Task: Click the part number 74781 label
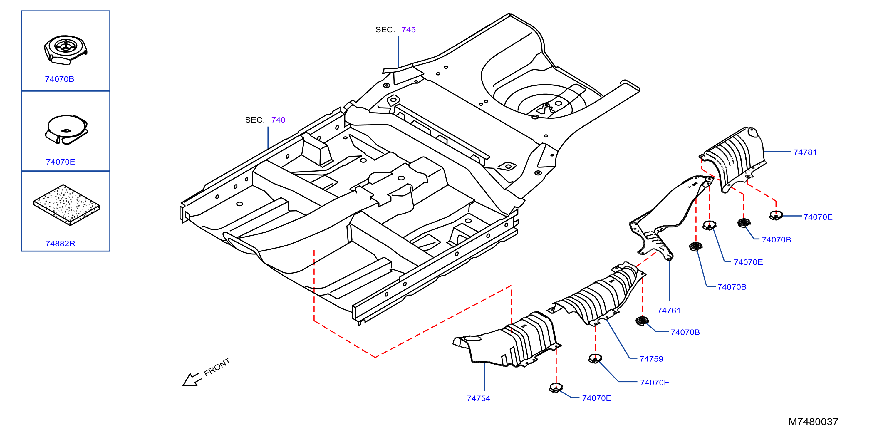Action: (x=805, y=152)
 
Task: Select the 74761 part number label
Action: (x=669, y=311)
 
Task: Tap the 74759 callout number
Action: (x=651, y=359)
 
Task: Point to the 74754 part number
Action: (x=478, y=398)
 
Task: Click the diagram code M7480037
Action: (x=813, y=422)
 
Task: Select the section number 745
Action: (x=409, y=30)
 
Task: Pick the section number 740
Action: (x=278, y=120)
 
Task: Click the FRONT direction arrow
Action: (x=192, y=380)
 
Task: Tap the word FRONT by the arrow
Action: (x=217, y=367)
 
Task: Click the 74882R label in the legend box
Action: (x=60, y=243)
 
